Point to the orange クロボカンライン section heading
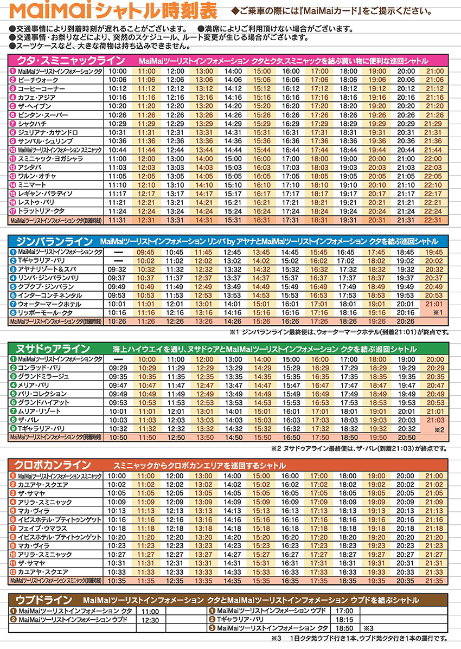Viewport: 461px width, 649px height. point(56,465)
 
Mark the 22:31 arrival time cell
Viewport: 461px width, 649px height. point(433,220)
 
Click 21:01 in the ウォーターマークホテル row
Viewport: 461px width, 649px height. point(433,304)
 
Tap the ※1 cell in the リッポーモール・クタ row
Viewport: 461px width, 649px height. point(438,313)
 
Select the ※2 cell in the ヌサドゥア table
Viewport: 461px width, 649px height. point(438,429)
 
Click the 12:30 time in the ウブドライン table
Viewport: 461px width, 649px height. point(150,620)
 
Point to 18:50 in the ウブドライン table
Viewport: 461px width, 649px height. point(344,628)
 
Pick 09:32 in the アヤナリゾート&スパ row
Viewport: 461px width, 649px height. point(117,269)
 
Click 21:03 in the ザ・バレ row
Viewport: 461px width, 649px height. point(433,420)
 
